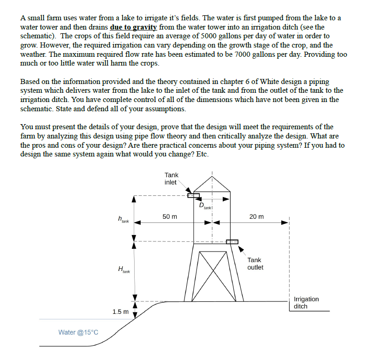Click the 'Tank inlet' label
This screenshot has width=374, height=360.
tap(171, 179)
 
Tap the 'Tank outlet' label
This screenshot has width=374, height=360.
tap(255, 264)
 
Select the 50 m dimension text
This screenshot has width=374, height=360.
tap(170, 216)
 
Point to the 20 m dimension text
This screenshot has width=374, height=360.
tap(257, 216)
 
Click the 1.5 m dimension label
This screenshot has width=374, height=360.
tap(120, 312)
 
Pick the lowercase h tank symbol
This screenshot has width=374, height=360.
tap(123, 219)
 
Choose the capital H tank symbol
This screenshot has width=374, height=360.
tap(124, 270)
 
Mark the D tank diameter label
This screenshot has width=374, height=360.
tap(205, 206)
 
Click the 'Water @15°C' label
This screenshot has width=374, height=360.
tap(78, 332)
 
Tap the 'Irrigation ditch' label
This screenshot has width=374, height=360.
tap(306, 303)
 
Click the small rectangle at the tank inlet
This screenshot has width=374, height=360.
tap(193, 196)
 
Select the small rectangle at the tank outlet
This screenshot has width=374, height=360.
tap(232, 242)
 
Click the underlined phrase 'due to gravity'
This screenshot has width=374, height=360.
tap(134, 27)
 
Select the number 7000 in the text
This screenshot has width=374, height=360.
tap(243, 54)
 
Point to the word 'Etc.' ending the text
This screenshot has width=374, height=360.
tap(202, 154)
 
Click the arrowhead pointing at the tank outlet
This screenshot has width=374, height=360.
tap(241, 249)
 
